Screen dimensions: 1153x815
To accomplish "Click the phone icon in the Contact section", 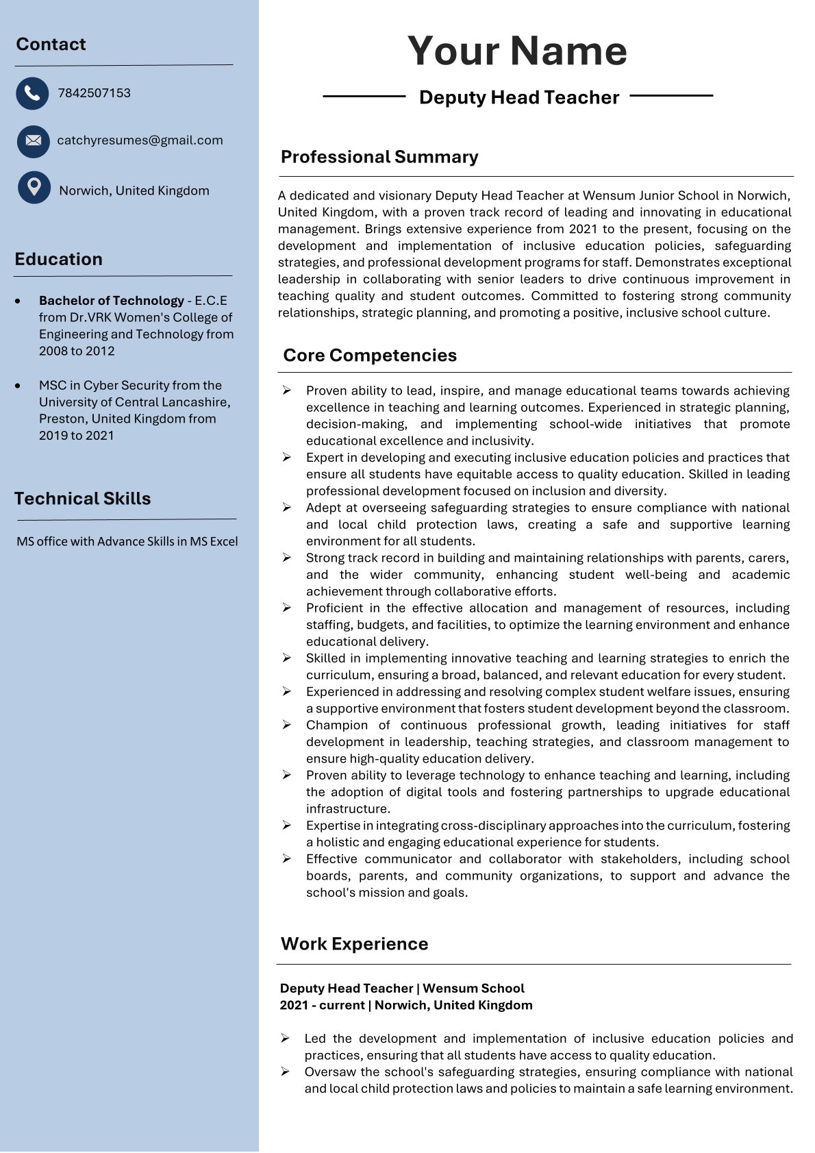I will [x=32, y=93].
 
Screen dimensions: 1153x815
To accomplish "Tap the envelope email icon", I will [x=33, y=141].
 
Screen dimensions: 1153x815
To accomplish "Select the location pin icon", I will [x=34, y=187].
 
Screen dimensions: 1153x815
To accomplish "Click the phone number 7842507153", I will [x=94, y=93].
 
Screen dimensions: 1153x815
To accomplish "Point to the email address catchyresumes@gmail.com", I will [x=140, y=140].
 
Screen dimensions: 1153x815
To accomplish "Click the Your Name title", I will [x=517, y=51].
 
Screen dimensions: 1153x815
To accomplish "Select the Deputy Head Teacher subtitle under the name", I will [x=518, y=97].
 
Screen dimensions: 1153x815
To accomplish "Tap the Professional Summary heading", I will [x=379, y=157].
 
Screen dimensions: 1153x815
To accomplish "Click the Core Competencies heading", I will [x=370, y=355].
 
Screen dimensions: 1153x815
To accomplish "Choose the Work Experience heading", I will [x=354, y=944].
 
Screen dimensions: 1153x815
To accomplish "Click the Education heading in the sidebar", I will [x=58, y=259].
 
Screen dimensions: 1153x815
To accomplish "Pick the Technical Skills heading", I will [x=82, y=499].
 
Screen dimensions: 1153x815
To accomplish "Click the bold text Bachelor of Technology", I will [x=112, y=301].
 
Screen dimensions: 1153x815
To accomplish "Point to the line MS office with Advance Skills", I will [x=127, y=541].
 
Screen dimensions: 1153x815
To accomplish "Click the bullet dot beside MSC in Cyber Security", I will [x=18, y=386].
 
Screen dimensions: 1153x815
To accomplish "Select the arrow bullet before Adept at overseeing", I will [x=287, y=508].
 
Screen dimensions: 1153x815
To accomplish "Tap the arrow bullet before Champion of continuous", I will [x=287, y=725].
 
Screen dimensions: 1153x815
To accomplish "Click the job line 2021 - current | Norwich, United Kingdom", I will [x=405, y=1005].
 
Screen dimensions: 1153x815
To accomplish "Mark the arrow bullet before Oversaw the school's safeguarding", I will [x=286, y=1071].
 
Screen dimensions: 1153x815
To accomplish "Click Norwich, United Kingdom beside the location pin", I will [x=134, y=190].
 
